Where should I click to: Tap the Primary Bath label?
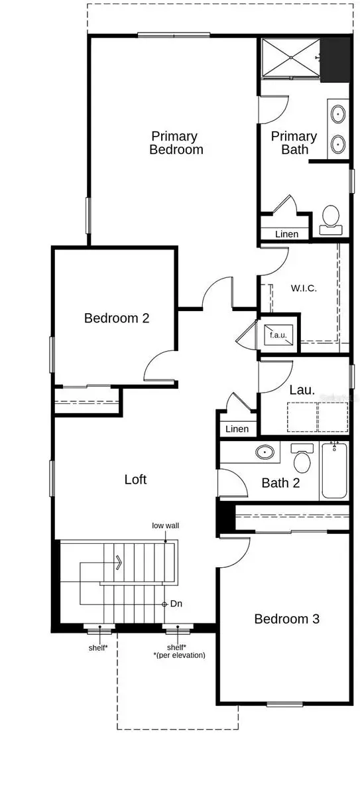point(294,143)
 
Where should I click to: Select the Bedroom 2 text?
point(117,318)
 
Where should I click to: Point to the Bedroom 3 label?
point(287,619)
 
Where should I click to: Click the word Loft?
point(135,479)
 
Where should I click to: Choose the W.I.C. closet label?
point(304,289)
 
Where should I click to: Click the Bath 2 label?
point(280,483)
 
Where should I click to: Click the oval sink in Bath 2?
point(265,452)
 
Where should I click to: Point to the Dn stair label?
point(176,604)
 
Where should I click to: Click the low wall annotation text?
point(165,525)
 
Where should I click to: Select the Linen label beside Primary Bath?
point(286,234)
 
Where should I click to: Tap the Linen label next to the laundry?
point(237,429)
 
